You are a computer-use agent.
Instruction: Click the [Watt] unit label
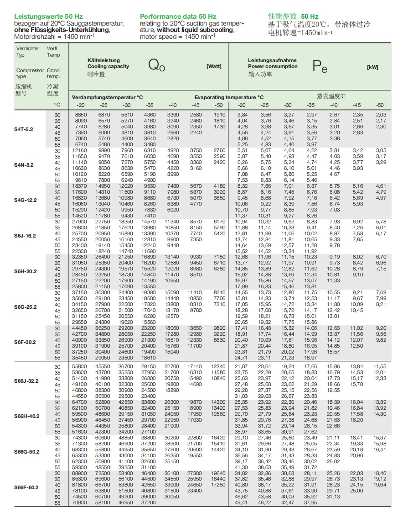point(214,66)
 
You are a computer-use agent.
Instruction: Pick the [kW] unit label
point(372,67)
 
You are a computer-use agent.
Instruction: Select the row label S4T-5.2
point(23,129)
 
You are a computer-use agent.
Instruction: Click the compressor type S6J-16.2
point(25,236)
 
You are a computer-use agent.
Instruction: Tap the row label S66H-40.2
point(26,416)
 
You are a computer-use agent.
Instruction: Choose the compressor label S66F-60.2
point(26,487)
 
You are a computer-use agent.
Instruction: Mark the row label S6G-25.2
point(25,307)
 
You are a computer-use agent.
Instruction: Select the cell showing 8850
point(81,115)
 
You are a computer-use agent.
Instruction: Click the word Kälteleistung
point(103,60)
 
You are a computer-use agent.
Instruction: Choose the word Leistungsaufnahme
point(272,60)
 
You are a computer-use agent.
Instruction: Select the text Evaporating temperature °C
point(229,97)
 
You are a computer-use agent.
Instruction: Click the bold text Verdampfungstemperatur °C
point(108,97)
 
